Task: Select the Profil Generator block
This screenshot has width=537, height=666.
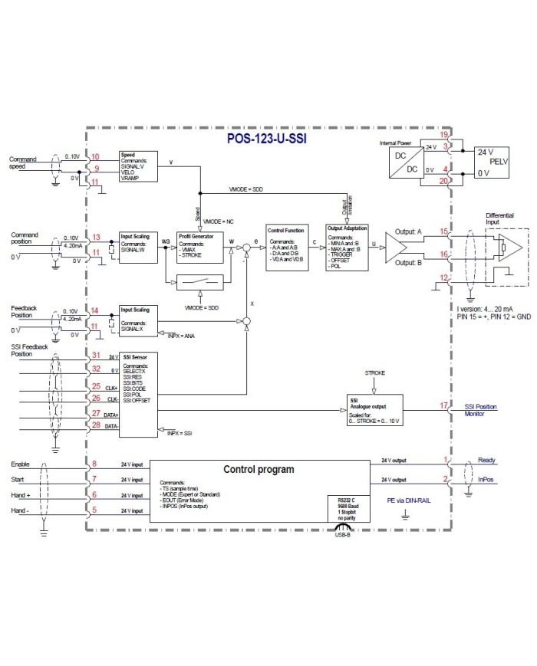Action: point(199,246)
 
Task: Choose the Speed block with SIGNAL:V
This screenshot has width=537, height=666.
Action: point(138,165)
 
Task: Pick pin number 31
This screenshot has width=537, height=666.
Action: point(96,355)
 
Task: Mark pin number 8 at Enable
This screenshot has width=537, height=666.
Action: point(94,464)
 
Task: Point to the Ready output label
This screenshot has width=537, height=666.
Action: point(486,461)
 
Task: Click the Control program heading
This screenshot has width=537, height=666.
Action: point(259,468)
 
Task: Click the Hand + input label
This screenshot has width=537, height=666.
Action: point(21,496)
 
